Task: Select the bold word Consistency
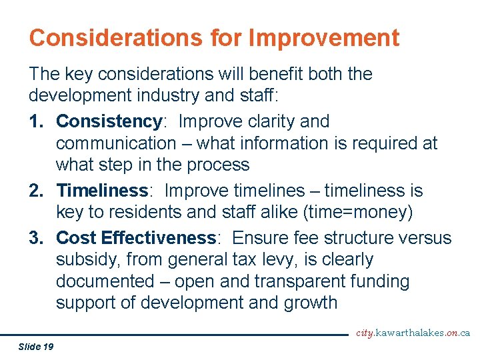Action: tap(109, 121)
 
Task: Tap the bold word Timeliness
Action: tap(102, 191)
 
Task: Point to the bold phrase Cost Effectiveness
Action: tap(136, 238)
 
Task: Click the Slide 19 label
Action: tap(37, 346)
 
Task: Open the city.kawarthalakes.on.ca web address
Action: tap(413, 333)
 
